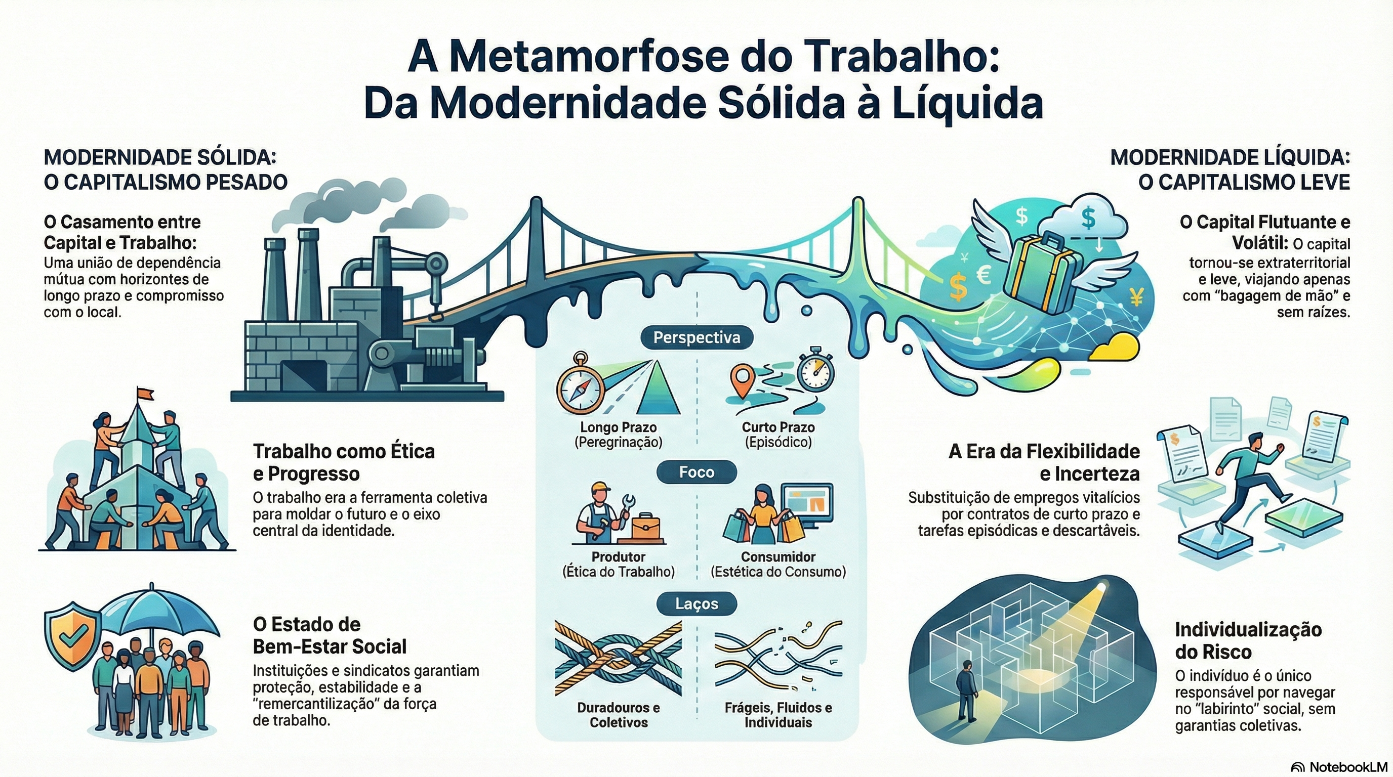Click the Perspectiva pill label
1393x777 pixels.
(x=696, y=338)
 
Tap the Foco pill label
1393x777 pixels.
(x=696, y=472)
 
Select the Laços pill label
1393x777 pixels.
(x=696, y=603)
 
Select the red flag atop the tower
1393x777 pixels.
(x=144, y=393)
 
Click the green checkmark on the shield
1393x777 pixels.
(x=71, y=637)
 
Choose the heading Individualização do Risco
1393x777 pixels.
(x=1248, y=640)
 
